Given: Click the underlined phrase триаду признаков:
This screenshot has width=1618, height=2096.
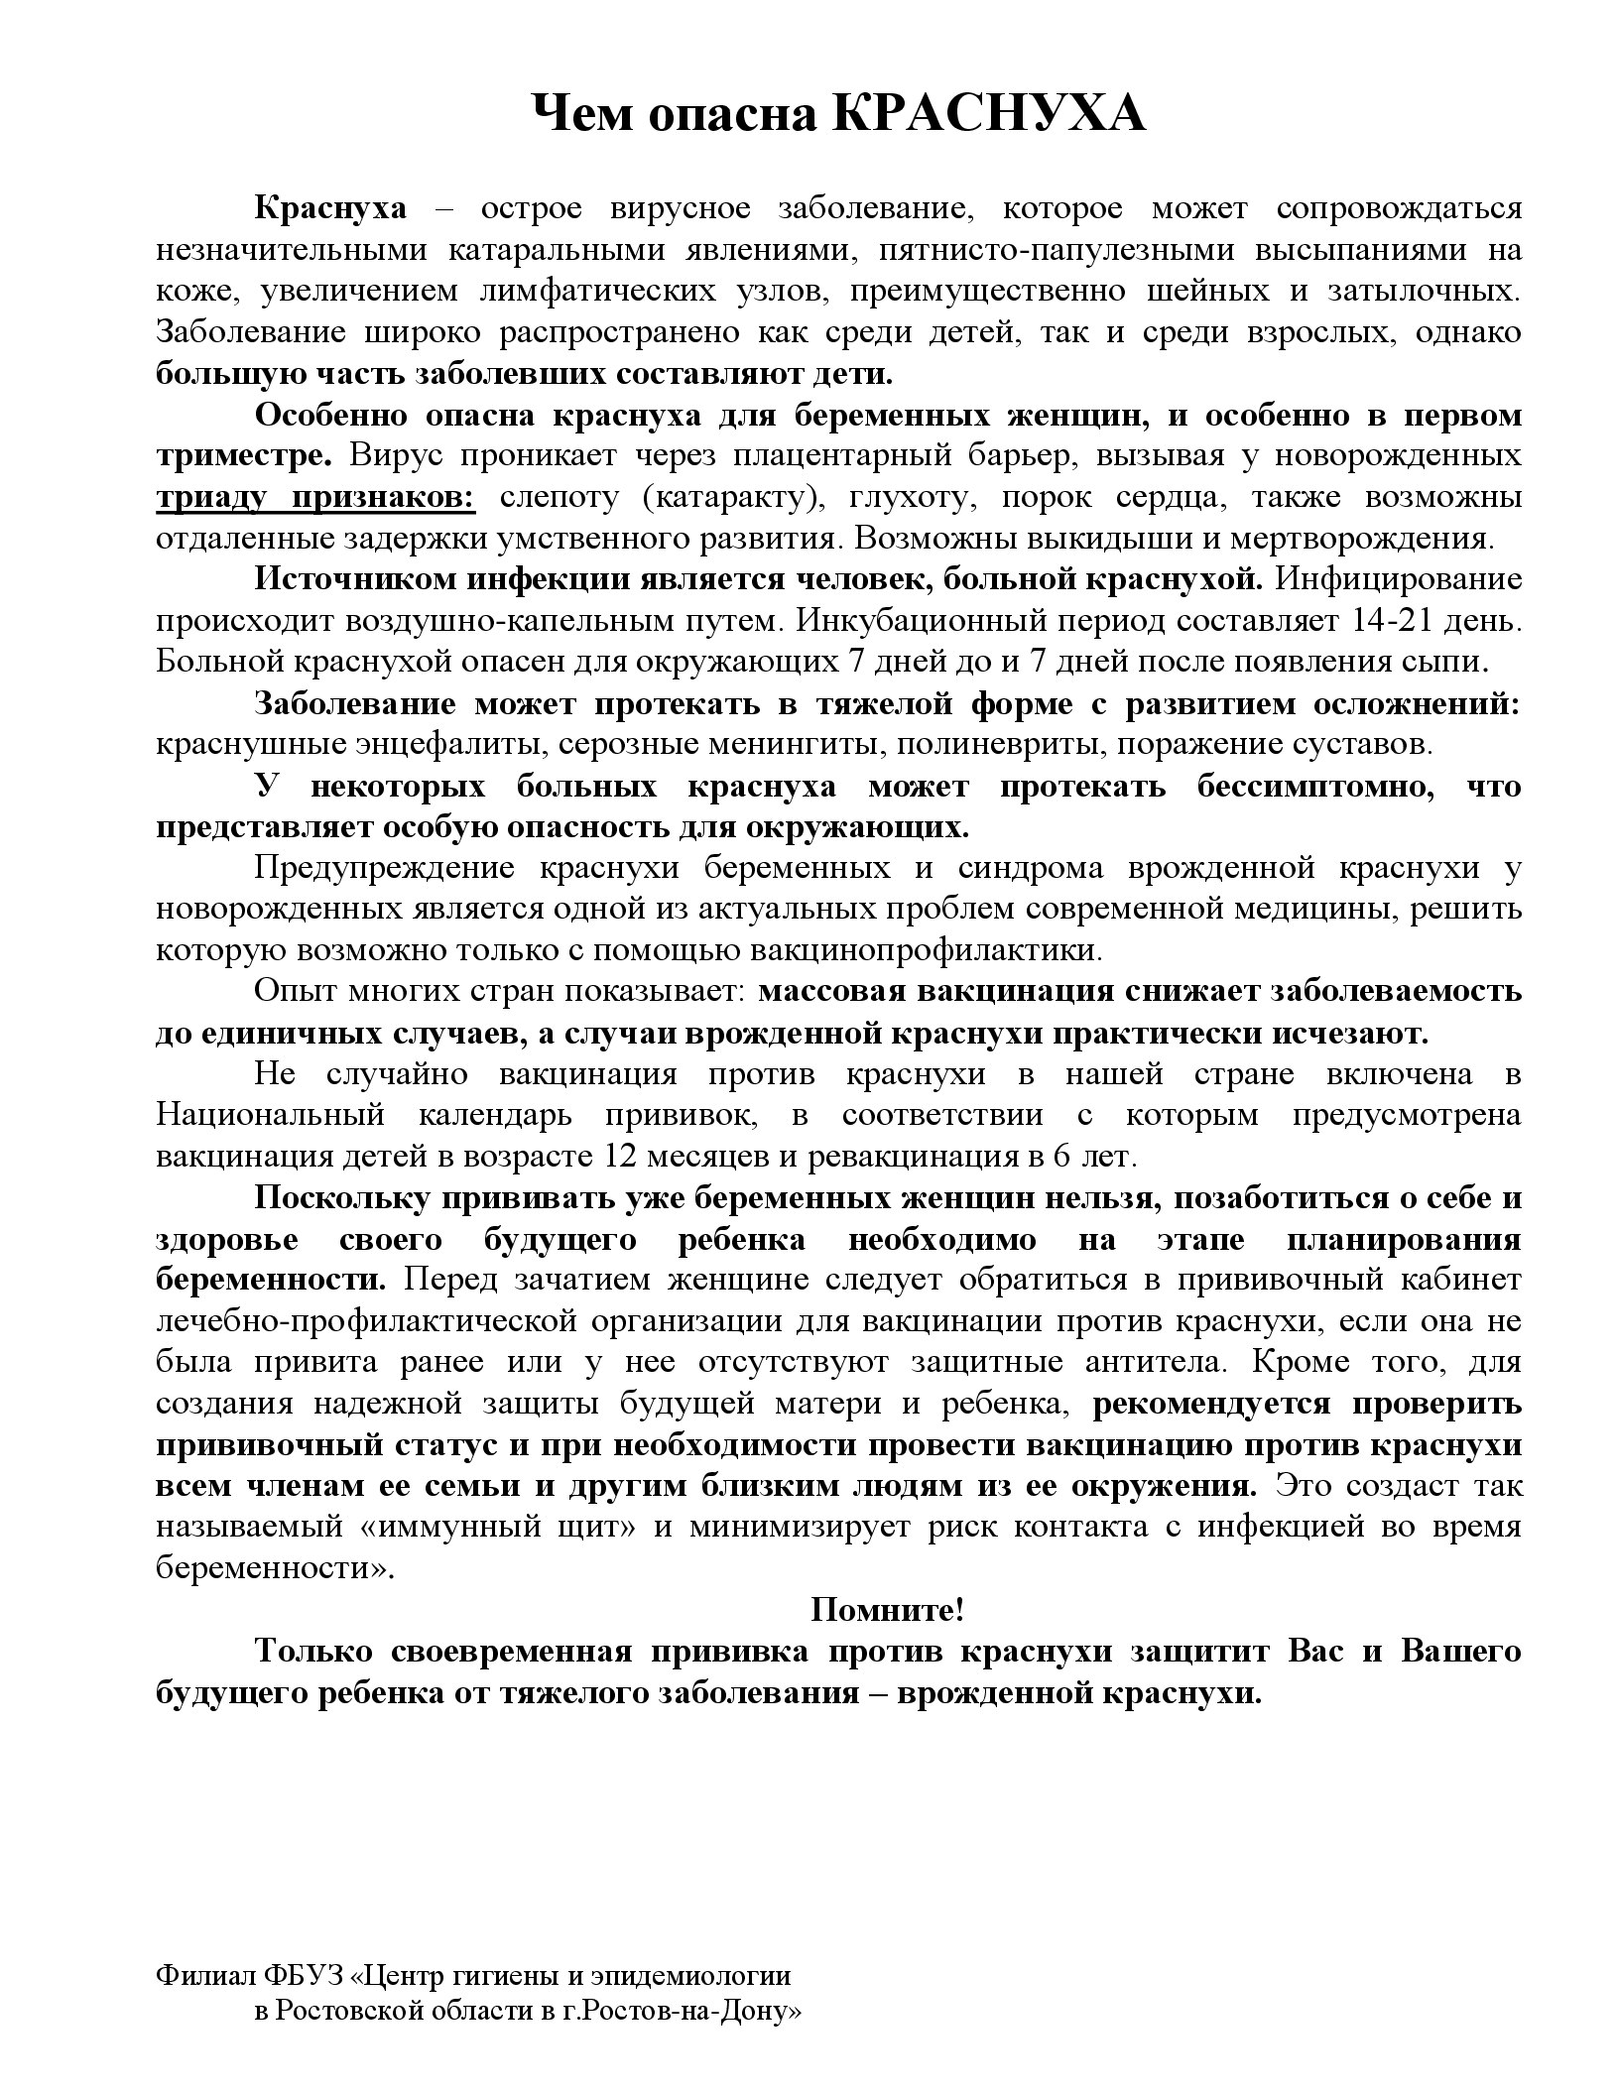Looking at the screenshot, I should coord(315,497).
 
